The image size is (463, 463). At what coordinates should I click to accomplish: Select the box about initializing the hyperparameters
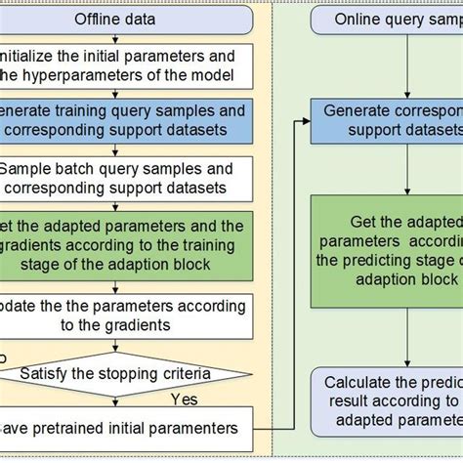coord(127,63)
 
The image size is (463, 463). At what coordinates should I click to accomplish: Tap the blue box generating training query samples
coord(127,118)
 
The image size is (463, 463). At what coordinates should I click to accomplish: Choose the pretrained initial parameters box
coord(127,427)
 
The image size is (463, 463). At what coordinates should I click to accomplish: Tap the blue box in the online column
coord(387,120)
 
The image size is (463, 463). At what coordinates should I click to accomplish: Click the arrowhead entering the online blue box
coord(306,120)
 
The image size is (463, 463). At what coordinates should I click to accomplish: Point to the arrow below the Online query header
coord(407,66)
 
